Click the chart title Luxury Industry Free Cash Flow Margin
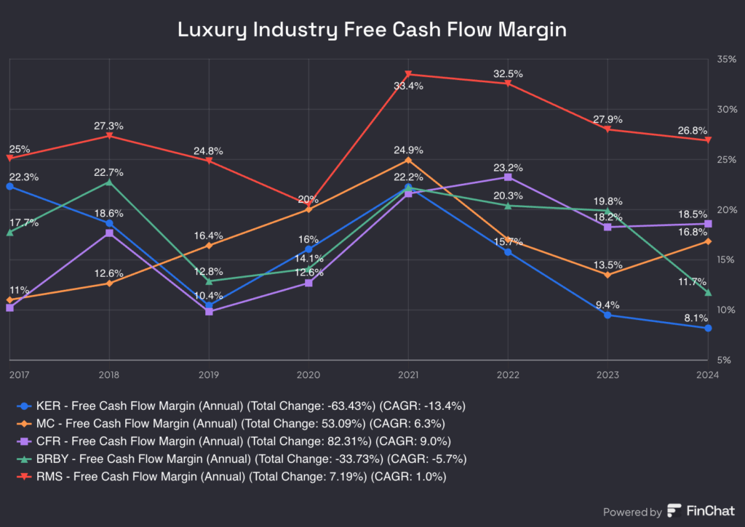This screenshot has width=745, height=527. pyautogui.click(x=372, y=30)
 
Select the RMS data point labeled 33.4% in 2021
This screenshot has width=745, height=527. pyautogui.click(x=408, y=74)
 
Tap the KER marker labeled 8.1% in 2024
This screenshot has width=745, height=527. pyautogui.click(x=708, y=328)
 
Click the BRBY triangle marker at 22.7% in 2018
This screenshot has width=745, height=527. pyautogui.click(x=109, y=182)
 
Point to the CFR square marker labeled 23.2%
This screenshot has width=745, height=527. pyautogui.click(x=508, y=177)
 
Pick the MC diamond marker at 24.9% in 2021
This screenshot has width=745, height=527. pyautogui.click(x=408, y=160)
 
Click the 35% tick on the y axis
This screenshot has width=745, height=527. pyautogui.click(x=727, y=59)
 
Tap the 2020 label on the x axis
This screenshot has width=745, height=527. pyautogui.click(x=308, y=375)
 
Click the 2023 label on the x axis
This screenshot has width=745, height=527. pyautogui.click(x=607, y=375)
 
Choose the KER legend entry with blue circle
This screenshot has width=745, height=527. pyautogui.click(x=240, y=406)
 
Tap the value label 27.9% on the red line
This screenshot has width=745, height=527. pyautogui.click(x=607, y=119)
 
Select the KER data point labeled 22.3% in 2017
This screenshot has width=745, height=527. pyautogui.click(x=9, y=187)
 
